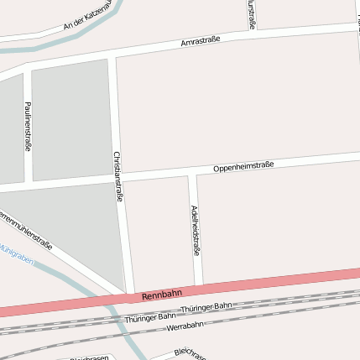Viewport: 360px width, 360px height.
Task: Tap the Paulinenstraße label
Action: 29,126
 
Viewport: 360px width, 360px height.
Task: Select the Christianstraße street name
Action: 118,176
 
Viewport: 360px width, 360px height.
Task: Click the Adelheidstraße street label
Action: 196,230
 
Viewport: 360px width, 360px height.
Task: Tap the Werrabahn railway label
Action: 185,326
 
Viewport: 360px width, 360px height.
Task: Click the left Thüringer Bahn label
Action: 143,318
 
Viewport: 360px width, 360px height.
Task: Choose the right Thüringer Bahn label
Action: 211,307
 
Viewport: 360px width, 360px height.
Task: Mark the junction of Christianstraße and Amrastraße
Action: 112,56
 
